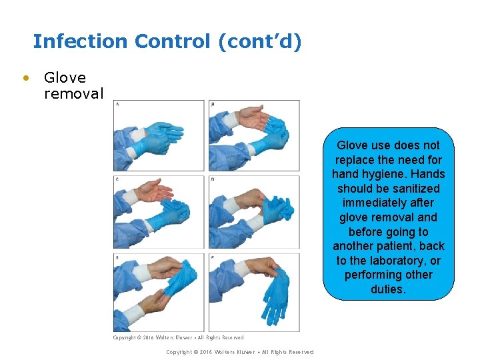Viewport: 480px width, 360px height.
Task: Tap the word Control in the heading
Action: (172, 41)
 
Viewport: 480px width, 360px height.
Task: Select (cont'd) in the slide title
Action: (259, 41)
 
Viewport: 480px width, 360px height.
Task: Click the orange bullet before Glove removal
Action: (26, 78)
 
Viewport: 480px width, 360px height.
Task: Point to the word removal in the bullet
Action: (73, 93)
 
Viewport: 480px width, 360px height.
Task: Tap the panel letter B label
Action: (213, 104)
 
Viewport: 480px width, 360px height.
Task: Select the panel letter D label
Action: (213, 179)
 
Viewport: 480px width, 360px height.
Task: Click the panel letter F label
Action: (213, 257)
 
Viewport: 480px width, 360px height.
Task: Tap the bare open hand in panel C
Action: (155, 193)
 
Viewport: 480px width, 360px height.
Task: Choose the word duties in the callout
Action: (388, 289)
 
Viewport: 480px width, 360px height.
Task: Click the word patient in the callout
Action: (390, 246)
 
